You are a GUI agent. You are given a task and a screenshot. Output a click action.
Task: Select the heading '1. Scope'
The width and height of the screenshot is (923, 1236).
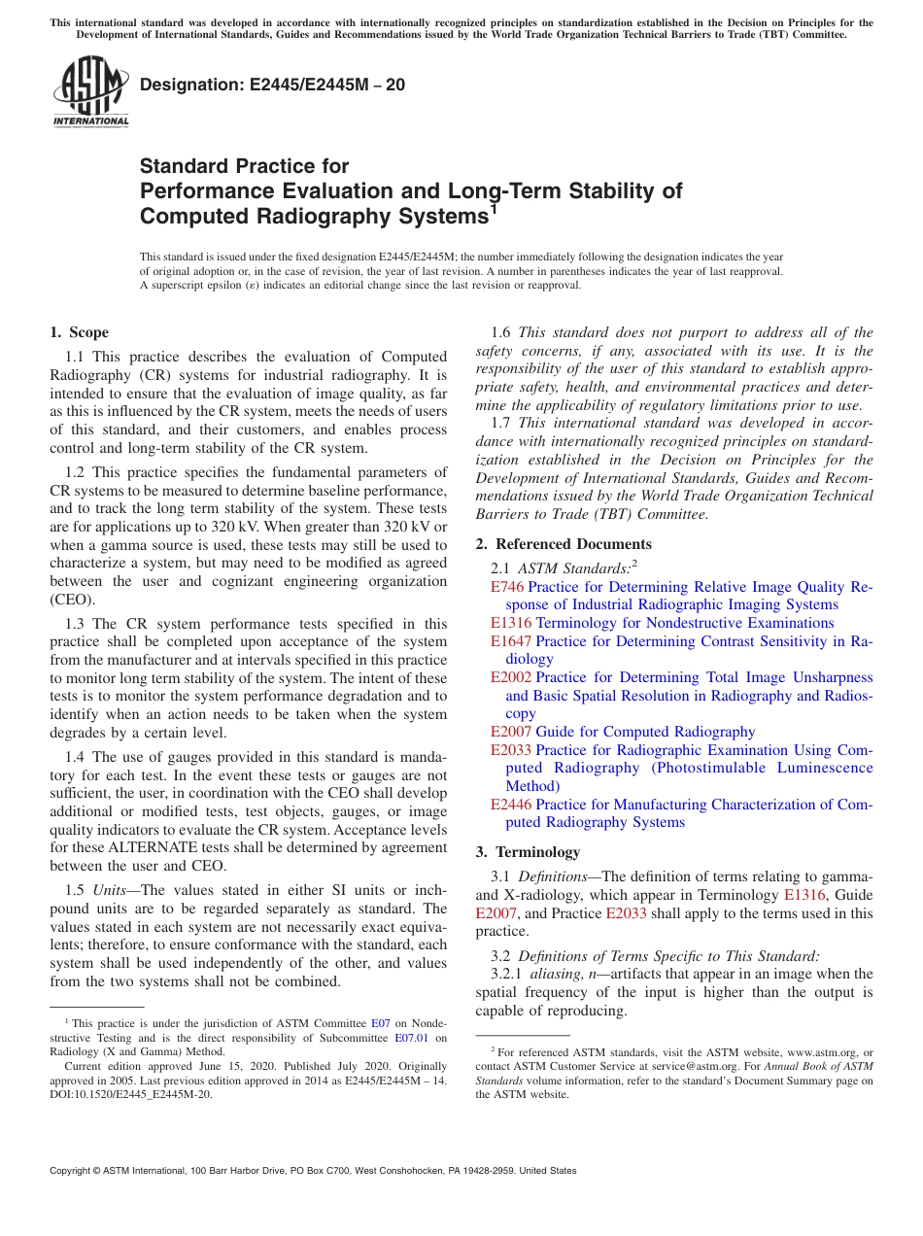(x=80, y=332)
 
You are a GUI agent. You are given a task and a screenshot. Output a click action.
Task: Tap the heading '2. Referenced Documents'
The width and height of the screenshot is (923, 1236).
(x=564, y=544)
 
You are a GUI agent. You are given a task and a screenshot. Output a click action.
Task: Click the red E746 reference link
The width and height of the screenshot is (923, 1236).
(x=507, y=587)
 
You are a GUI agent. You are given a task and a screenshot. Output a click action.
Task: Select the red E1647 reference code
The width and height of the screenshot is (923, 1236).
(x=511, y=641)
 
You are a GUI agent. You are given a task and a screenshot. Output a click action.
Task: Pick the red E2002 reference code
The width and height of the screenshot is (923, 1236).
(x=511, y=677)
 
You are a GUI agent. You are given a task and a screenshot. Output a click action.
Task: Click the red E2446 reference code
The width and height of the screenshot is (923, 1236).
(x=511, y=805)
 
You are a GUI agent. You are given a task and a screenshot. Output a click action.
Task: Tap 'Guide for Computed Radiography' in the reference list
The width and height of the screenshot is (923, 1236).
(x=645, y=732)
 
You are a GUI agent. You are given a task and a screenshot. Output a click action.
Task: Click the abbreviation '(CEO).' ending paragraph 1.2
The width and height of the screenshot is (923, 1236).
(x=73, y=600)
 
